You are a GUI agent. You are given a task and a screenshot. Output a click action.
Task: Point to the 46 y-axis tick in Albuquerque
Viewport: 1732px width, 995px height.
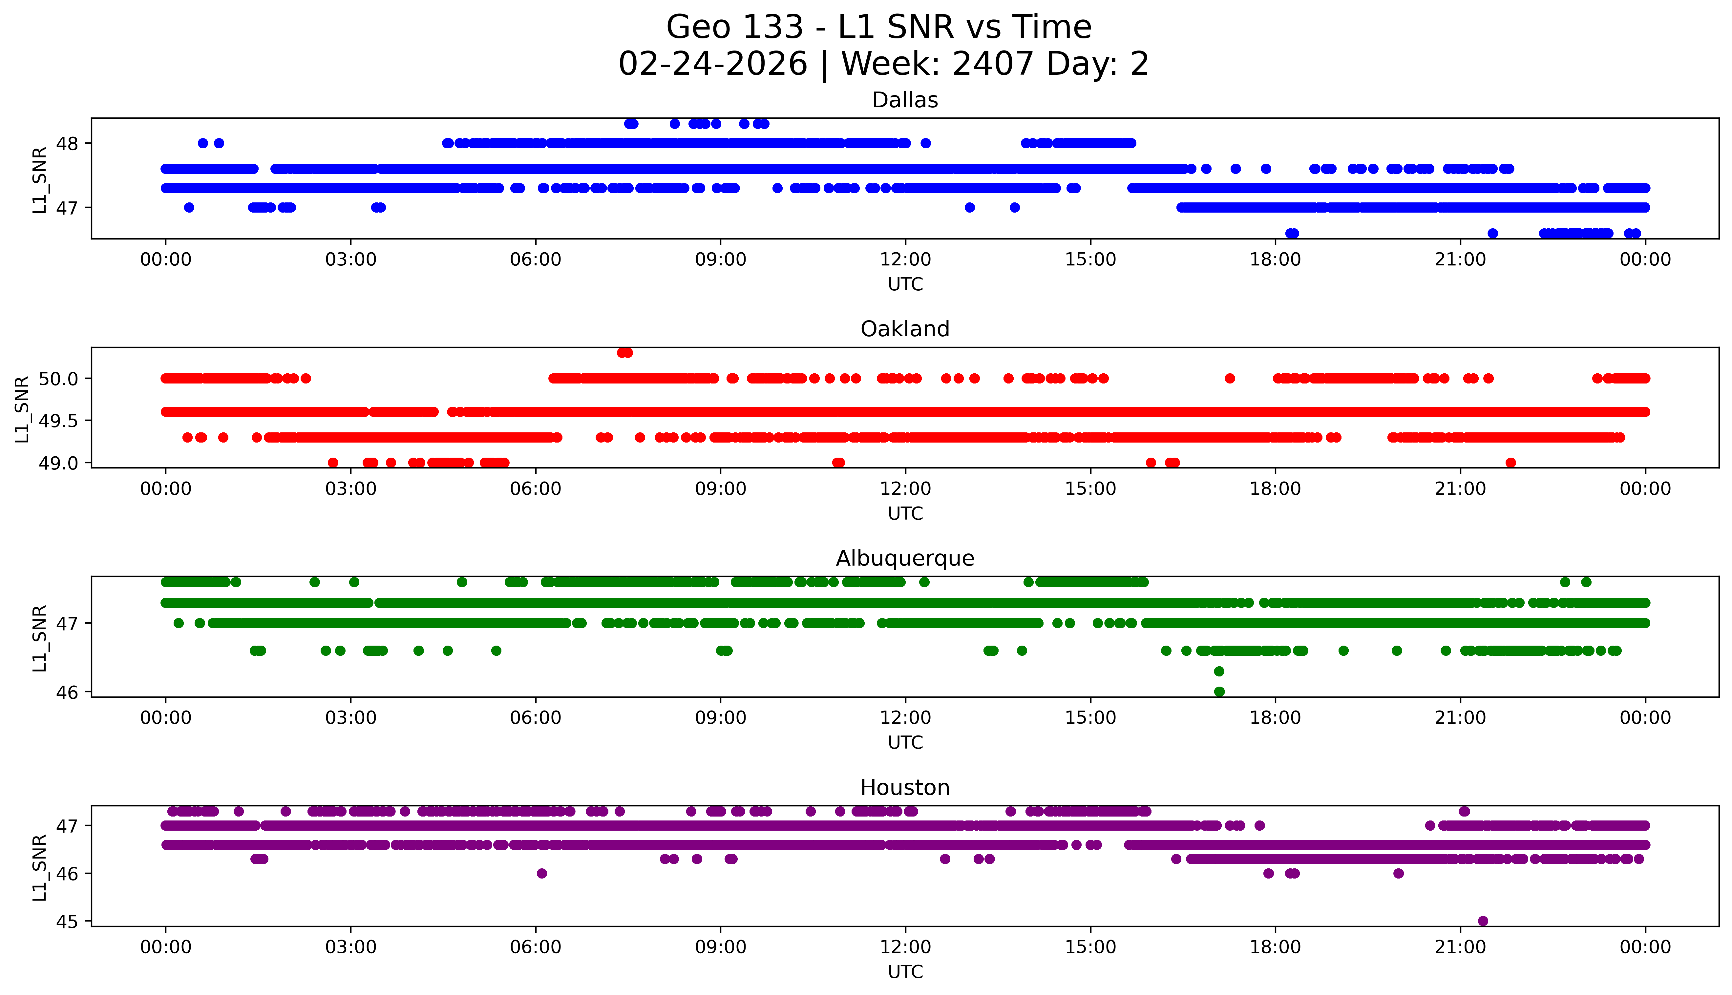tap(67, 692)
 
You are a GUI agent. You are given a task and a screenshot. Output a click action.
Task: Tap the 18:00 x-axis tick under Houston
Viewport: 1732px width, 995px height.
tap(1276, 947)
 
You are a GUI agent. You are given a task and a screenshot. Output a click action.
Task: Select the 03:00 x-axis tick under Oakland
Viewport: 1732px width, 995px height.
tap(351, 488)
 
